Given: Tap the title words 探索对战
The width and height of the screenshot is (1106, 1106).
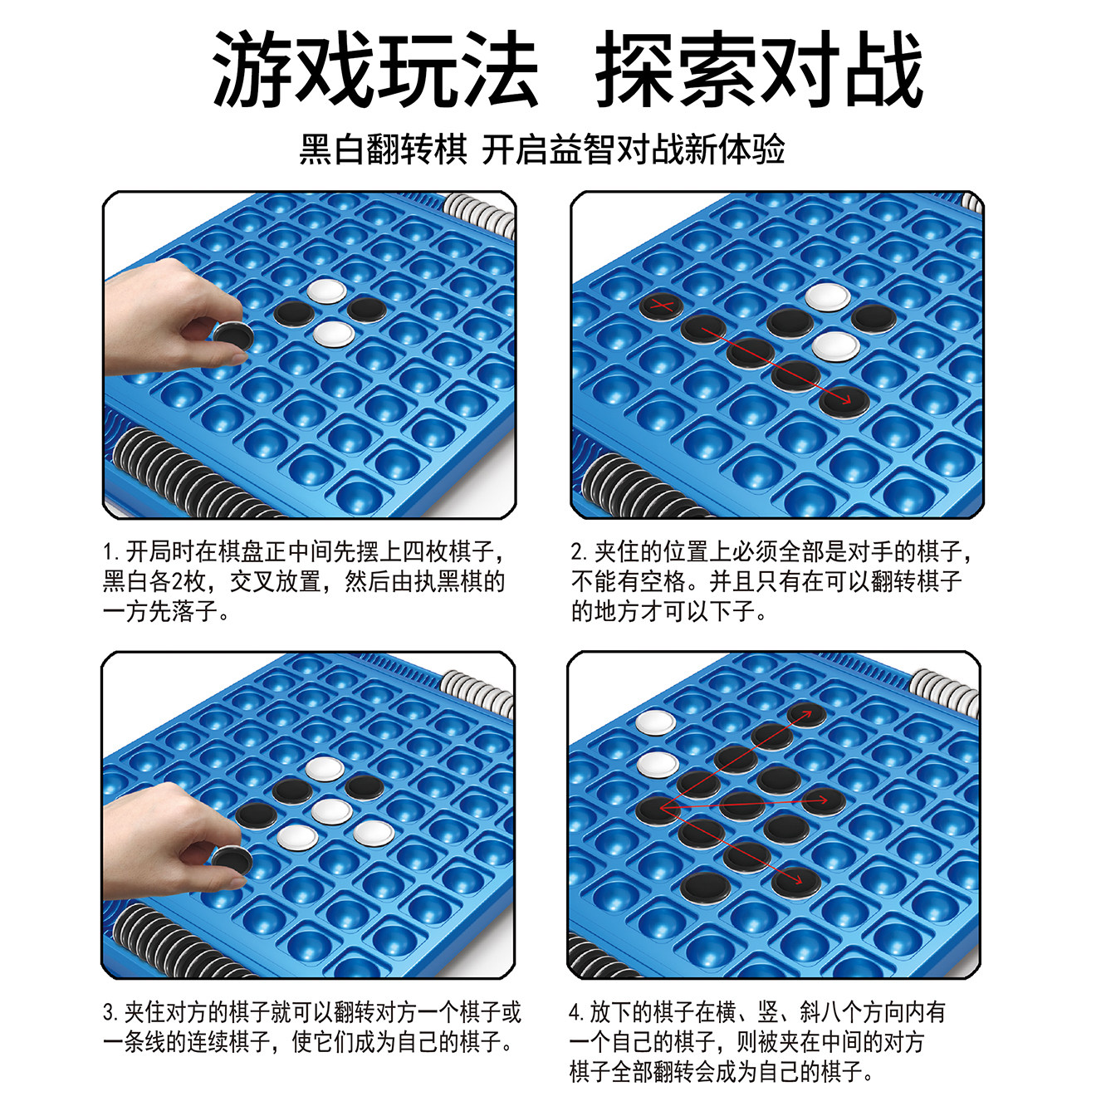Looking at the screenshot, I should pos(759,70).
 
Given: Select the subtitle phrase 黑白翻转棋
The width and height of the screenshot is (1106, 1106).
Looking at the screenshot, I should pos(384,150).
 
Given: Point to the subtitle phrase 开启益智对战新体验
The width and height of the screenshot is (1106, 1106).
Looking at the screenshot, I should pos(634,150).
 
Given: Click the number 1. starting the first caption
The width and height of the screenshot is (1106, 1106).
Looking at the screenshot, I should pos(111,552).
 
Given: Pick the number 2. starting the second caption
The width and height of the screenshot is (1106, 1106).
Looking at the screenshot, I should pos(580,552).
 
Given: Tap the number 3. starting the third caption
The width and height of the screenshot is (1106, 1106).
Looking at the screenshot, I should pos(111,1013).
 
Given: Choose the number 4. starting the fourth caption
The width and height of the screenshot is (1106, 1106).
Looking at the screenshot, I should pos(577,1013).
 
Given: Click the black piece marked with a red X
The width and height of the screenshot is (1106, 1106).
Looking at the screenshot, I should pos(662,306).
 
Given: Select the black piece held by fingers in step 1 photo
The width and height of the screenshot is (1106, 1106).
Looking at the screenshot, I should pos(232,335).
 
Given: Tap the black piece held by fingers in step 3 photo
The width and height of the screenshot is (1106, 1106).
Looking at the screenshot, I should pos(232,859).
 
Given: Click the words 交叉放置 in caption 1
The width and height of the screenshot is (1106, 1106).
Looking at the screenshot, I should pos(275,581).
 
